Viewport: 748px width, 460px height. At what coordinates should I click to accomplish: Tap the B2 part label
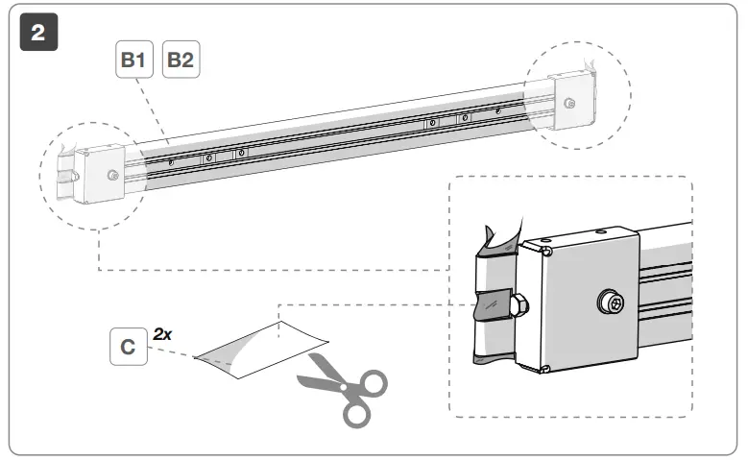tap(181, 60)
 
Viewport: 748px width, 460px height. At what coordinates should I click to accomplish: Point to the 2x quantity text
tap(162, 334)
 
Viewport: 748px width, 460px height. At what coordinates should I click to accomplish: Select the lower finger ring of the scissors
tap(356, 414)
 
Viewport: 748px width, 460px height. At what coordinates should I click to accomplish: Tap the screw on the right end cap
tap(570, 104)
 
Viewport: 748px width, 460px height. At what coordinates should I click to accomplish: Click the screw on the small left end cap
tap(113, 175)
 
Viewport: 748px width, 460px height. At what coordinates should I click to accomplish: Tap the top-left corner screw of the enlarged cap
tap(544, 252)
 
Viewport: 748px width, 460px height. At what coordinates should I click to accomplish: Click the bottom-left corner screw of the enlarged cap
tap(544, 369)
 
